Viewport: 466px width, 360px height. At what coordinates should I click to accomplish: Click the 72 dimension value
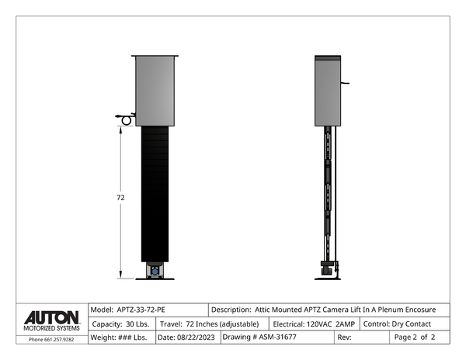coord(120,197)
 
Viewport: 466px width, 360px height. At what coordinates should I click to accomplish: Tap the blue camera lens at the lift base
coord(155,272)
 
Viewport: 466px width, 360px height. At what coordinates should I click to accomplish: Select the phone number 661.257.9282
coord(59,340)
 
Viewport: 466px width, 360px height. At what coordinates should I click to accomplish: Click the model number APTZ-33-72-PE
coord(141,310)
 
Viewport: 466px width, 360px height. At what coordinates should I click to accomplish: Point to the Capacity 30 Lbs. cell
coord(122,324)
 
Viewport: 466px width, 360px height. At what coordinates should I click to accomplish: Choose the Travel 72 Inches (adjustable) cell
coord(212,324)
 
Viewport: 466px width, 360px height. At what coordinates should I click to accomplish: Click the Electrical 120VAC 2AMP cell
coord(314,324)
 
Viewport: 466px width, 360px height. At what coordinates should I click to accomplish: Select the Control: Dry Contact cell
coord(405,324)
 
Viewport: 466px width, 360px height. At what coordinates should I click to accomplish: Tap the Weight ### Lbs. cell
coord(122,337)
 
